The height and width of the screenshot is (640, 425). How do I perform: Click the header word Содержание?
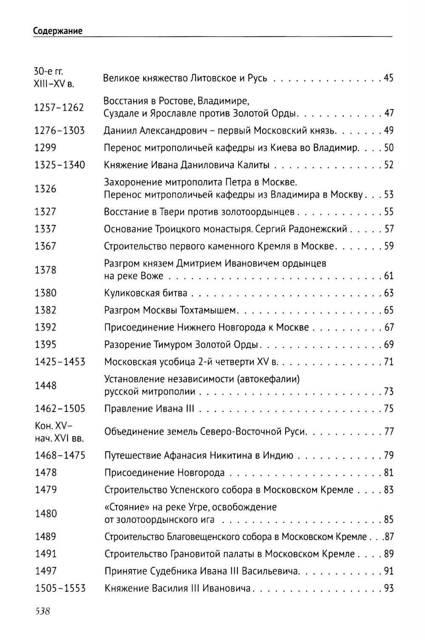click(x=58, y=31)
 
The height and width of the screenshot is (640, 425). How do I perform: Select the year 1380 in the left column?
click(x=45, y=293)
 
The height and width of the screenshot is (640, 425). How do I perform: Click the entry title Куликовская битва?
click(x=146, y=293)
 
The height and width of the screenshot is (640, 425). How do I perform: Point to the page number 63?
click(x=388, y=293)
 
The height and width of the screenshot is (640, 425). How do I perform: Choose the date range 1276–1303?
click(x=59, y=130)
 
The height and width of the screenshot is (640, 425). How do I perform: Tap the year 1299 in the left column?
click(x=45, y=148)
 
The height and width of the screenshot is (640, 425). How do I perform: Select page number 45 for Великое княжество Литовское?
click(x=388, y=78)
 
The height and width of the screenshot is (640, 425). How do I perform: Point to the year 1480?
click(x=46, y=513)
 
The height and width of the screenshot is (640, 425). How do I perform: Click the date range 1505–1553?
click(x=60, y=588)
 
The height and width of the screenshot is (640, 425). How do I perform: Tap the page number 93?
click(x=388, y=588)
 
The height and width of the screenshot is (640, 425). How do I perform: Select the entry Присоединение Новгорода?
click(x=164, y=473)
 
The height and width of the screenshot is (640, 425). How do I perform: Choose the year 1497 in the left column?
click(x=46, y=571)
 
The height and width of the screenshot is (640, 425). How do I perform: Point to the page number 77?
click(x=388, y=432)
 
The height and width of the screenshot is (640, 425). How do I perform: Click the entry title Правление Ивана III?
click(x=149, y=409)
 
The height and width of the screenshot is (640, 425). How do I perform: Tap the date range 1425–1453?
click(x=60, y=362)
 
